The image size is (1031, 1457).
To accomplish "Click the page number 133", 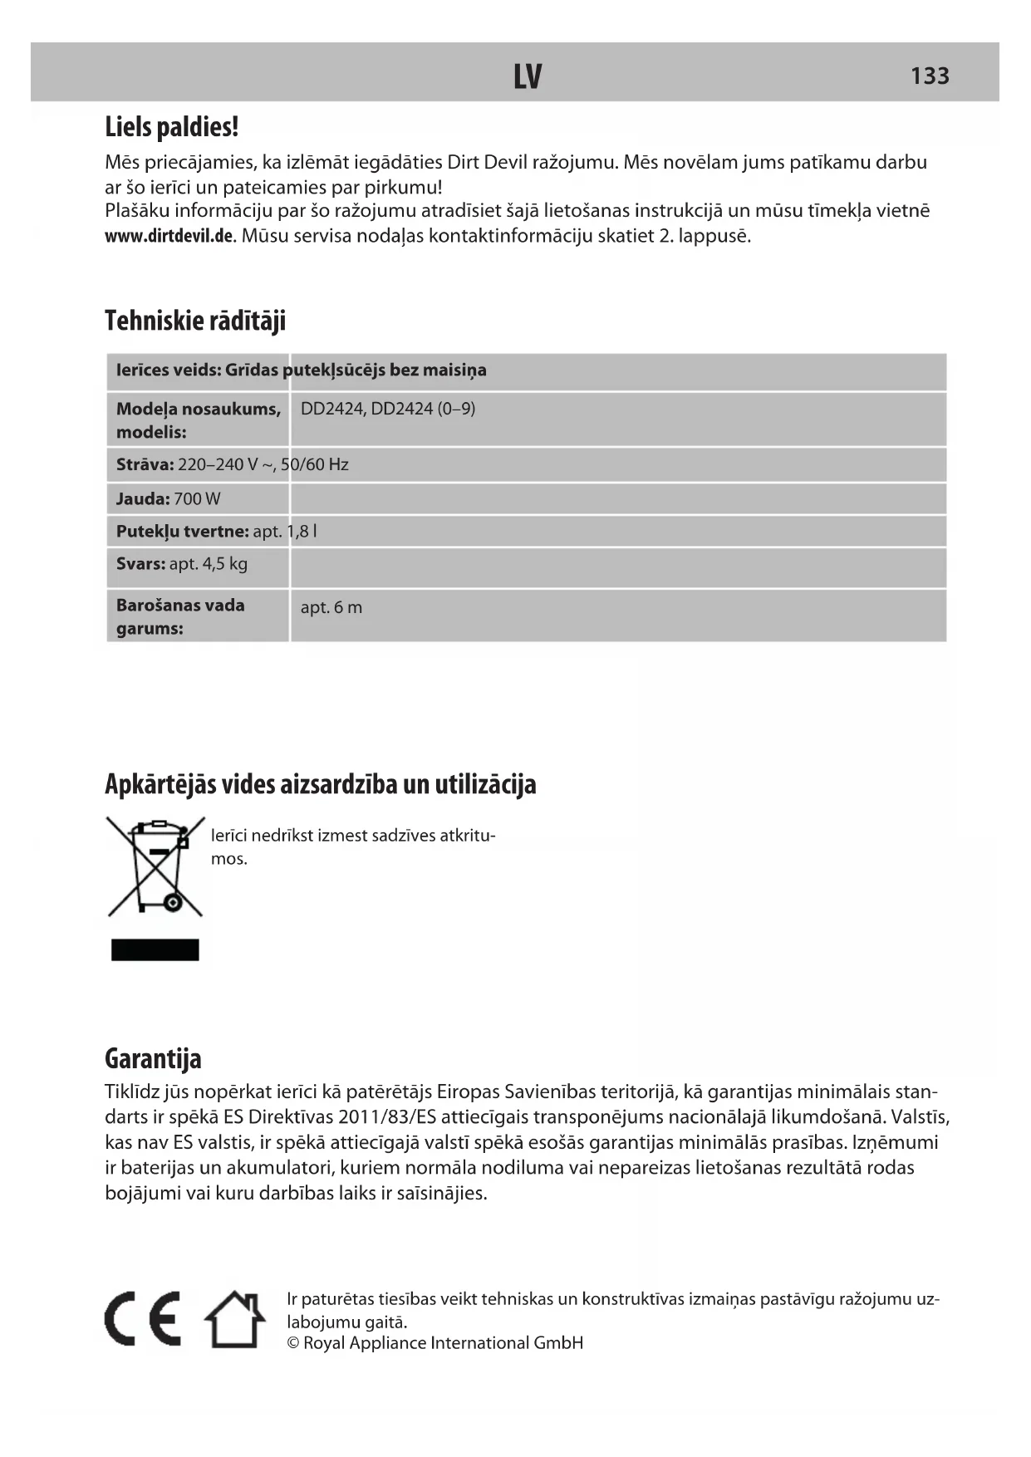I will (x=930, y=76).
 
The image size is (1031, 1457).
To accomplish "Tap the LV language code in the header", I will (x=527, y=76).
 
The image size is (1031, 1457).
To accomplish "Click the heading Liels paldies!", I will (x=172, y=127).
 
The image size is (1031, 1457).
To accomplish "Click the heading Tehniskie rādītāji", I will (x=195, y=321).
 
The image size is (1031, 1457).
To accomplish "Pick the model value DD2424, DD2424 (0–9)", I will (x=388, y=409).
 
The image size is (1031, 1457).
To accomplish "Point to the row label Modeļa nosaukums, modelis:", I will (x=198, y=419).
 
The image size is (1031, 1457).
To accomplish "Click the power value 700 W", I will (x=197, y=499).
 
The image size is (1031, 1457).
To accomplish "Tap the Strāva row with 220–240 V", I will (x=232, y=464).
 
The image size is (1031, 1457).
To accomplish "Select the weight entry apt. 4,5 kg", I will (x=182, y=564).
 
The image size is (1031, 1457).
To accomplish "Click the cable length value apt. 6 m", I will (x=331, y=607).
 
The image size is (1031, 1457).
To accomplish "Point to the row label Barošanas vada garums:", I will (x=180, y=616).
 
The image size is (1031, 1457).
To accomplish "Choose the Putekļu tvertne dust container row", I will (x=216, y=532).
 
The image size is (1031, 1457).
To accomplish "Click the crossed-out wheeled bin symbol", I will (x=155, y=866).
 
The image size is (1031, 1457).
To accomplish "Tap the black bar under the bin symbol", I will (x=155, y=949).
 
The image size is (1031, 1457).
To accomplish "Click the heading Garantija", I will (x=153, y=1059).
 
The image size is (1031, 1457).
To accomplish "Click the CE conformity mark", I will (x=143, y=1318).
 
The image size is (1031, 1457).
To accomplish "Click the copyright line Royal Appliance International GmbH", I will (x=435, y=1343).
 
